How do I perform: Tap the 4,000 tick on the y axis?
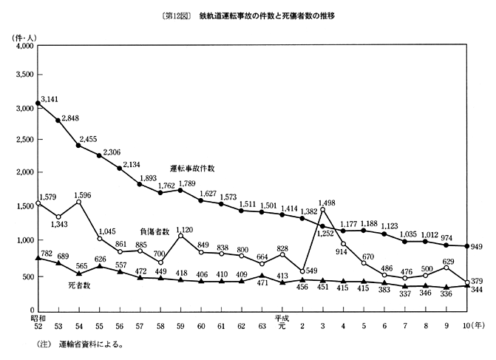tap(25, 46)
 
